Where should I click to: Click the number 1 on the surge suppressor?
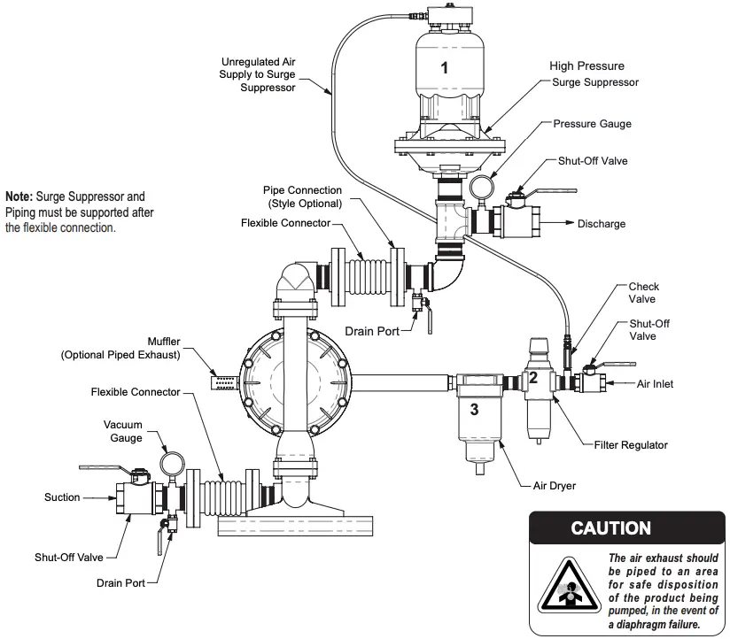(x=445, y=67)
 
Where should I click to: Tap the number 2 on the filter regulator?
(x=533, y=377)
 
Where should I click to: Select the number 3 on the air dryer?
(x=475, y=409)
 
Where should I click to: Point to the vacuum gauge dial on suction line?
(x=173, y=463)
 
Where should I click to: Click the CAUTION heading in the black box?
(x=611, y=528)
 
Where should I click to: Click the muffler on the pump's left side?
(x=224, y=381)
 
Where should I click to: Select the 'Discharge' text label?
(x=601, y=224)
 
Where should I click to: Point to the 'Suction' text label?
(x=62, y=497)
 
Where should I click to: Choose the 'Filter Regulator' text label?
(x=631, y=444)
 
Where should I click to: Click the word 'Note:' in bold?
(x=19, y=196)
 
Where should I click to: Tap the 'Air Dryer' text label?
(x=555, y=487)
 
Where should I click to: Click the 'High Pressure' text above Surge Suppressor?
(x=586, y=66)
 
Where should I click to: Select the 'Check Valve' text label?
(x=644, y=293)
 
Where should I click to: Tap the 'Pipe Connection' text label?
(x=302, y=190)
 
